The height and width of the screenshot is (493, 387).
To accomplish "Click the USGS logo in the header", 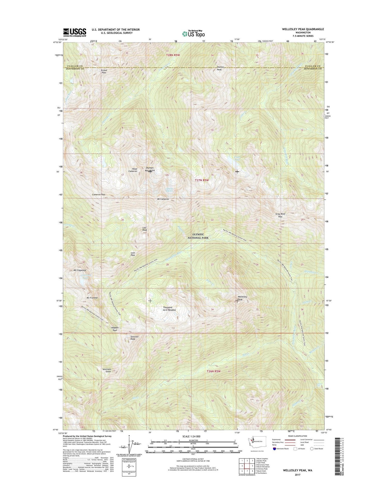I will click(75, 32).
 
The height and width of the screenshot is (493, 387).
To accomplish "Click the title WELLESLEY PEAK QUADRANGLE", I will click(303, 29).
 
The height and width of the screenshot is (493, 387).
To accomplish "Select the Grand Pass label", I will click(104, 71).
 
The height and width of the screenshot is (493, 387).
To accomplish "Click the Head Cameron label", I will click(133, 170).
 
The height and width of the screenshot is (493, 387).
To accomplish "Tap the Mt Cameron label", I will click(163, 199).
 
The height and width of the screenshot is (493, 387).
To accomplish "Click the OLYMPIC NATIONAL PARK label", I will click(198, 236).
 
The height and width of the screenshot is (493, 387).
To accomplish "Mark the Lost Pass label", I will click(133, 254).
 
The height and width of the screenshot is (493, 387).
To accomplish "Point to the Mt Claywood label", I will click(80, 270).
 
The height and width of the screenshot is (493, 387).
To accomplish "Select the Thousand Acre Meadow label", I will click(169, 309).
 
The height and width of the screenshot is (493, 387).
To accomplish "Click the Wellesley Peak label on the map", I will click(242, 298).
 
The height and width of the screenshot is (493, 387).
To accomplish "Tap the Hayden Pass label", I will click(115, 329).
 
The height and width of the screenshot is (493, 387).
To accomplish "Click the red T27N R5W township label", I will click(201, 180).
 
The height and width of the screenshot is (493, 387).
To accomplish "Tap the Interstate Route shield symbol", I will click(275, 448).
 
